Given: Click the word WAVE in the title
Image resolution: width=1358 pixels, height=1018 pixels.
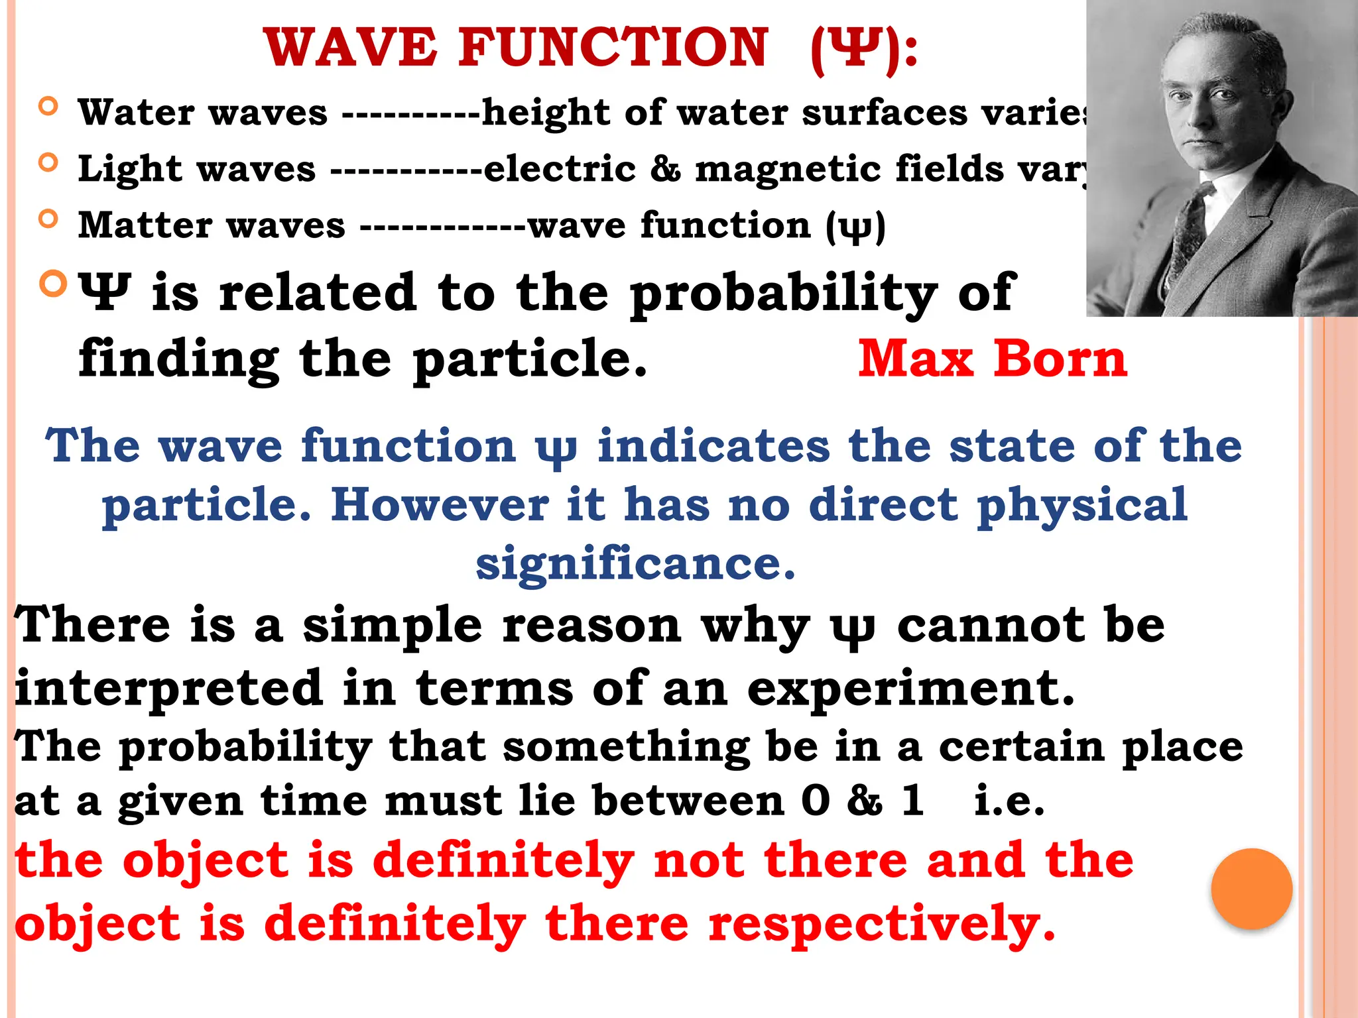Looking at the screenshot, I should coord(351,48).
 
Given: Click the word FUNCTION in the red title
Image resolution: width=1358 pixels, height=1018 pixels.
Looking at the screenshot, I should coord(613,48).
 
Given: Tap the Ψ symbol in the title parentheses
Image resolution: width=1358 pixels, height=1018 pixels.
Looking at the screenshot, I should coord(860,49).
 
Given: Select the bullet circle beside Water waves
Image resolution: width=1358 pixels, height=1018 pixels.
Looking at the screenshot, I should coord(48,107).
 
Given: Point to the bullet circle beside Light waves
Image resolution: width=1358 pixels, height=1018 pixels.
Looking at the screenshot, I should coord(48,162).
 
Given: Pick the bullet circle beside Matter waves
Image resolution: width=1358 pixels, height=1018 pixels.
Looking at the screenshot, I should coord(48,219).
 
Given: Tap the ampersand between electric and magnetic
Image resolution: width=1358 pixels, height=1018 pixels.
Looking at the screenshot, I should coord(665,168).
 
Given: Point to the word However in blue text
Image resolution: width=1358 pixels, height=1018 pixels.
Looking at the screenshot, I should coord(440,505).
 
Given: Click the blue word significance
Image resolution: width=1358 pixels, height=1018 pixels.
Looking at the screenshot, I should coord(635,563).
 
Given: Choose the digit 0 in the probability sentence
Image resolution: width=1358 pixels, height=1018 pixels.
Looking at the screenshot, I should coord(816,800).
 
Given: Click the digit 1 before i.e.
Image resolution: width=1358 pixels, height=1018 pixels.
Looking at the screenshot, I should coord(913,800).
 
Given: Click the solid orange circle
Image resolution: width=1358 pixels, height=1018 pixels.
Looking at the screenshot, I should coord(1251,889).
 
